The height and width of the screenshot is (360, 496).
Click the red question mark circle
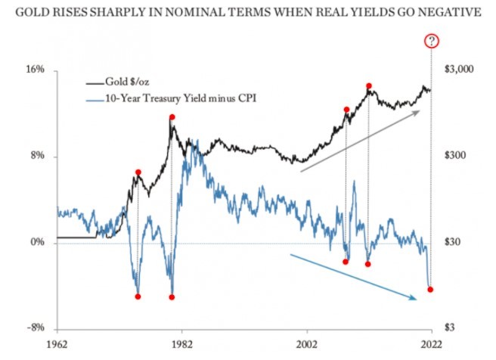[x=431, y=41]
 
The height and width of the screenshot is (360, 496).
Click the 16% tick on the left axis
[x=36, y=70]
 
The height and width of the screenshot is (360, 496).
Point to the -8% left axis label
[x=36, y=328]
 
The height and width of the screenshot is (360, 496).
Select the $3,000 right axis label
[x=458, y=70]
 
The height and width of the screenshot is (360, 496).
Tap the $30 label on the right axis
[x=452, y=242]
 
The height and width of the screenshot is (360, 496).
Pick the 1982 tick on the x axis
[x=182, y=343]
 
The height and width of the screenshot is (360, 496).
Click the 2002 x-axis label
[x=307, y=343]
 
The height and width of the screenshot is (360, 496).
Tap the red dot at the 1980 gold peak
[x=172, y=117]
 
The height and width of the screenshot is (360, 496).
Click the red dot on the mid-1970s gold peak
[x=138, y=173]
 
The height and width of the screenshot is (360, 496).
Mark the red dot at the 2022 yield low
[x=430, y=289]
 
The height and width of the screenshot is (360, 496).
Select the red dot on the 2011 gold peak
[x=369, y=86]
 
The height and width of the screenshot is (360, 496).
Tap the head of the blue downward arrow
[x=415, y=299]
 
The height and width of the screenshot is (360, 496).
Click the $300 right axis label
[x=455, y=156]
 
